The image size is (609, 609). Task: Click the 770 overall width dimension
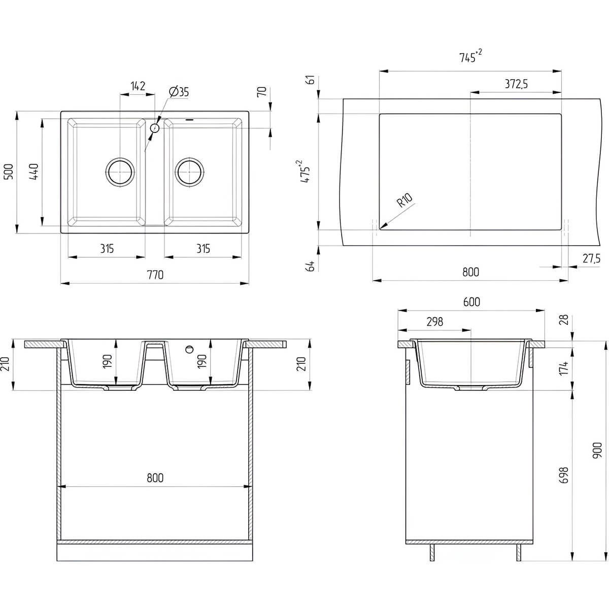coord(155,275)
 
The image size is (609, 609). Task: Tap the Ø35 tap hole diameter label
coord(179,92)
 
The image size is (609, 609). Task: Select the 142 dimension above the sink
coord(138,86)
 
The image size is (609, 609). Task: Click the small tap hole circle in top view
coord(155,128)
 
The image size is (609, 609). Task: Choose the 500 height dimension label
coord(9,172)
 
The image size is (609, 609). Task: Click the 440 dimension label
coord(34,172)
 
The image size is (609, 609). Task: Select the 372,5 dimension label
coord(516,84)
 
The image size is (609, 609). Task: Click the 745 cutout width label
coord(470,56)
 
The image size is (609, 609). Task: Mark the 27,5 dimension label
coord(591,258)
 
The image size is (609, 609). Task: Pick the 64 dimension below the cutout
coord(311,266)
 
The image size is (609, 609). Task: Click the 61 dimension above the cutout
coord(311,80)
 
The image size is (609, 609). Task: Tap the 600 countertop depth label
coord(471,302)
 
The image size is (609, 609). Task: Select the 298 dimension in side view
coord(435,322)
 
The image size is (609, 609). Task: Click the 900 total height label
coord(596,451)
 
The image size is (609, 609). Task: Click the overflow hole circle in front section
coord(190,349)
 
